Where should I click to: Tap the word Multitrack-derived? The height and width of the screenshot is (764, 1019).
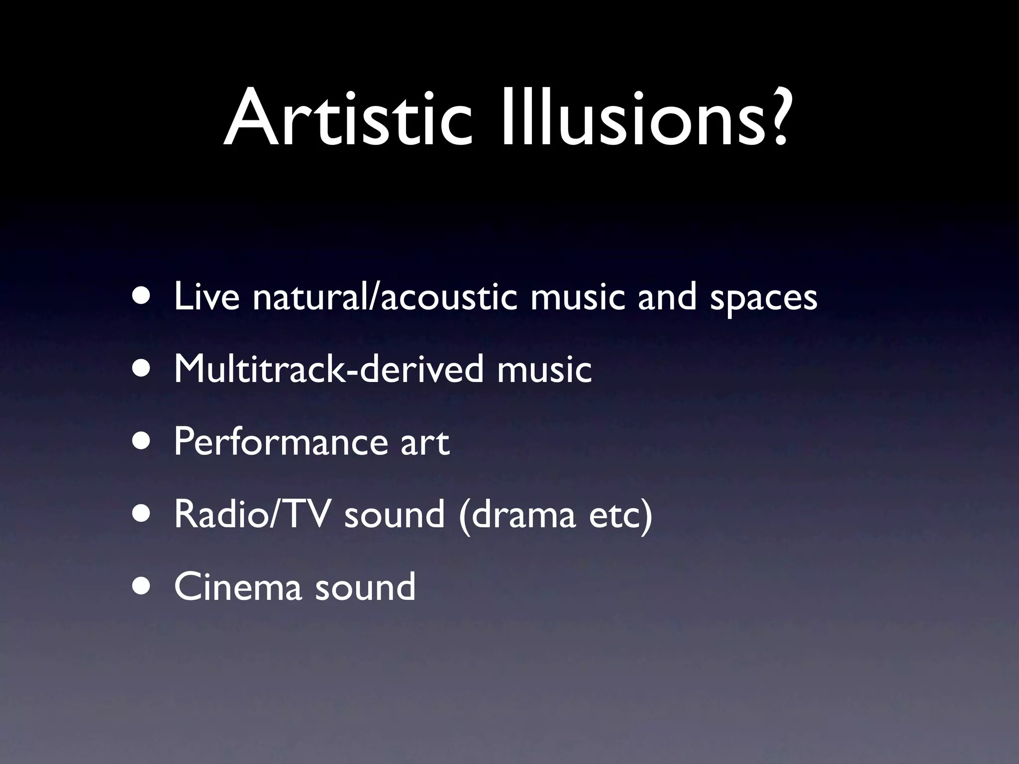coord(329,369)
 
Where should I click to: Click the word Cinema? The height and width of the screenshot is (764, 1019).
coord(238,587)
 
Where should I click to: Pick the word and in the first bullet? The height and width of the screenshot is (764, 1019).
coord(667,296)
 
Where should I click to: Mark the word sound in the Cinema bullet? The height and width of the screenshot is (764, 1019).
coord(365,587)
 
